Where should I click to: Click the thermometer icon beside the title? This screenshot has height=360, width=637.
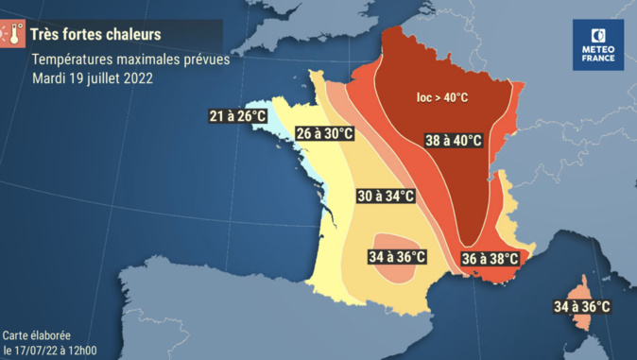pyautogui.click(x=12, y=35)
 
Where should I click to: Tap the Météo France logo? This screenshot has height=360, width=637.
pyautogui.click(x=597, y=45)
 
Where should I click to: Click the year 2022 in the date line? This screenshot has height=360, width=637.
pyautogui.click(x=136, y=77)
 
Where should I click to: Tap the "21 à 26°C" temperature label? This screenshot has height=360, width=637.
pyautogui.click(x=238, y=117)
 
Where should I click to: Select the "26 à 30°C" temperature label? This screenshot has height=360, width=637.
pyautogui.click(x=324, y=134)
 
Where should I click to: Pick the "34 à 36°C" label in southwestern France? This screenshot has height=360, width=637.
pyautogui.click(x=396, y=257)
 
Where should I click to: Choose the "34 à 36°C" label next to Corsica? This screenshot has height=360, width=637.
pyautogui.click(x=581, y=307)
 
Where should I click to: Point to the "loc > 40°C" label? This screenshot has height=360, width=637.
pyautogui.click(x=444, y=96)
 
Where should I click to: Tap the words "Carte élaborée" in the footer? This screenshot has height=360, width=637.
pyautogui.click(x=37, y=335)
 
